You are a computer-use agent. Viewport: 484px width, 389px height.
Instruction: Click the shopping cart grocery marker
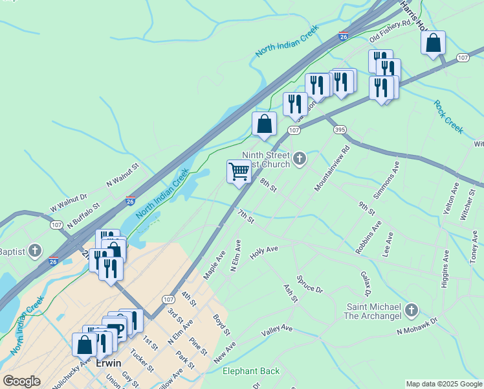point(239,172)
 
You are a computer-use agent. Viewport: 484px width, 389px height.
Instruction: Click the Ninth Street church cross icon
point(300,158)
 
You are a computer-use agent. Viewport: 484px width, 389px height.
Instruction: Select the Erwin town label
point(109,363)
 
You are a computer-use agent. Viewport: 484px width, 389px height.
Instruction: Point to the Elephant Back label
point(251,371)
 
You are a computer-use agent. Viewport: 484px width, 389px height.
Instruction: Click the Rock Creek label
point(448,117)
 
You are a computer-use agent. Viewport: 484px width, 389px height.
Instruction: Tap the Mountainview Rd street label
point(332,168)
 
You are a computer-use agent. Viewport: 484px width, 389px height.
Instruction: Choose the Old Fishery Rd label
point(390,30)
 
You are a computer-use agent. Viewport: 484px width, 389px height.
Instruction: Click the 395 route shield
point(340,130)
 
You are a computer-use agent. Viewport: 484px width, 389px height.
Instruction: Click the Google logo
point(21,381)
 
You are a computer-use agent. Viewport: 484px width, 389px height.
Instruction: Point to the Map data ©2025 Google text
point(443,384)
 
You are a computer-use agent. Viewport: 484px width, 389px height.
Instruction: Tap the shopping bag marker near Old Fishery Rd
point(433,43)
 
